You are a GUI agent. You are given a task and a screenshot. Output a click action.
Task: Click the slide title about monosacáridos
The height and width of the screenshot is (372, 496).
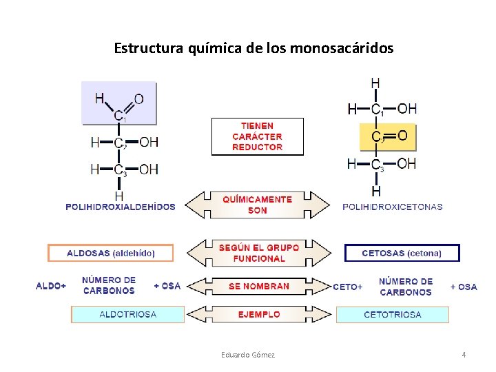coord(254,49)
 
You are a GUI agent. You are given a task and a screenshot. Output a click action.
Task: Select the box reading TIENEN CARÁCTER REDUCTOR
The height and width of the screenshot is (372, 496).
coord(257,136)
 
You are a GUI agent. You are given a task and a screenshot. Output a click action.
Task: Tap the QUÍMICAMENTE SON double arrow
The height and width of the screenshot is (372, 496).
coord(257,205)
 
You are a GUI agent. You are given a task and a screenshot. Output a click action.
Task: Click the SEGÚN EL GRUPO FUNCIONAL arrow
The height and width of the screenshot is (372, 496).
coord(257,253)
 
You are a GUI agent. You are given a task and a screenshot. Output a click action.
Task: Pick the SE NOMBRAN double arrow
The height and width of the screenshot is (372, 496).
coord(257,286)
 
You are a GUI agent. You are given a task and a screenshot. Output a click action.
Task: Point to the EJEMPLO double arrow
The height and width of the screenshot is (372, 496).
coord(257,314)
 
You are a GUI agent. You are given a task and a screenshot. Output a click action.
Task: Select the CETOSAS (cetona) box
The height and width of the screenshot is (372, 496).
coord(402,253)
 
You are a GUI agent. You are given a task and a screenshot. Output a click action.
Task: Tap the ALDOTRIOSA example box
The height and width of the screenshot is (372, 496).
coord(128,314)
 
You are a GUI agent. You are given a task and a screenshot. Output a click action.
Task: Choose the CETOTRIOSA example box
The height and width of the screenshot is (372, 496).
coord(393,314)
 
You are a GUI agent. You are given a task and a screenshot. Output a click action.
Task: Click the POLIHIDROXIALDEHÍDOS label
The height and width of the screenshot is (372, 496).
coord(121,206)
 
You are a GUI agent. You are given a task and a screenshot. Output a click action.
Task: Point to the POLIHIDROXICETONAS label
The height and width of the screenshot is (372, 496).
coord(393,206)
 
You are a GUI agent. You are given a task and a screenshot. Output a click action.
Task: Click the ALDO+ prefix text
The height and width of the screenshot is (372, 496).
coord(51,286)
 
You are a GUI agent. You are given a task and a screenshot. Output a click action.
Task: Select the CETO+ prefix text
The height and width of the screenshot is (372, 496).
coord(348,287)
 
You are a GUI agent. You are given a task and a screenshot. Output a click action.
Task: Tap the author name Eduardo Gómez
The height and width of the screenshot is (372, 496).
coord(248,355)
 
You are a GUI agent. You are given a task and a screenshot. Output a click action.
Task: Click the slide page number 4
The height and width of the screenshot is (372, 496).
coord(464,355)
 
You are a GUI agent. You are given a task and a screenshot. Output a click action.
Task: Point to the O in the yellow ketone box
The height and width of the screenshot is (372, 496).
coord(403,135)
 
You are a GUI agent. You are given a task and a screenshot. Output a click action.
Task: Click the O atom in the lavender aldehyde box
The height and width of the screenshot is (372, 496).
coord(138,99)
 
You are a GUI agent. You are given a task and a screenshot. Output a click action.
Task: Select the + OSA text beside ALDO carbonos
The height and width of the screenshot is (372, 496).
coord(167,286)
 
